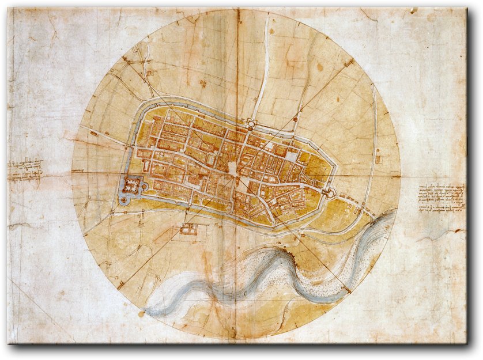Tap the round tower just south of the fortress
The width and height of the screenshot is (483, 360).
(x=123, y=200)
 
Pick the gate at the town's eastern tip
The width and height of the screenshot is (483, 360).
(x=329, y=191)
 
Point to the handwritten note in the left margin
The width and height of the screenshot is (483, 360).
(x=25, y=170)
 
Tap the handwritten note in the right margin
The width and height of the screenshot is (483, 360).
(x=442, y=198)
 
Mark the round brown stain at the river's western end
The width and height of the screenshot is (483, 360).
(x=142, y=314)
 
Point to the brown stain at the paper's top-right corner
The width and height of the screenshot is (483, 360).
(x=413, y=10)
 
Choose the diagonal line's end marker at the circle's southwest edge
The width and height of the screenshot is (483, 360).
(x=120, y=285)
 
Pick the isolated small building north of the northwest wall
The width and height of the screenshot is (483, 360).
(x=203, y=84)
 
